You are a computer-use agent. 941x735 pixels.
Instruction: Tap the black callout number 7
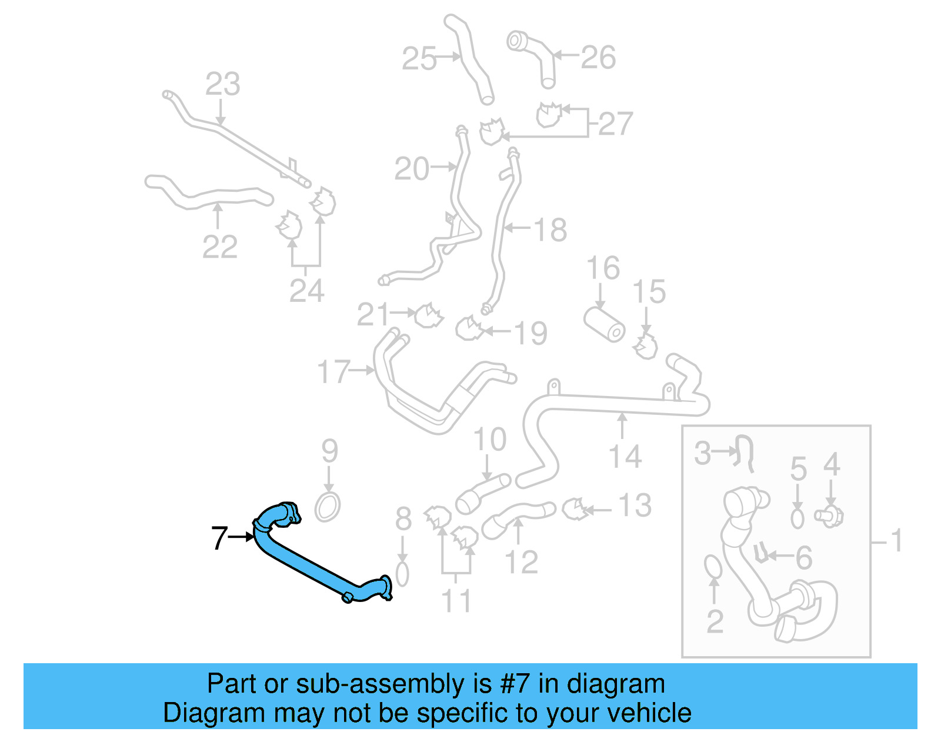tap(219, 538)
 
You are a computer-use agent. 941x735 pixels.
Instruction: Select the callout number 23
tap(222, 84)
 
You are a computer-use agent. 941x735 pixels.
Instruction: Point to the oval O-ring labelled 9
tap(328, 506)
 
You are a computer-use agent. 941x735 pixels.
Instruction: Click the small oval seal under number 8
tap(402, 574)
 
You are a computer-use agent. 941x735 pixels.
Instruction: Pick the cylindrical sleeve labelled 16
tap(604, 324)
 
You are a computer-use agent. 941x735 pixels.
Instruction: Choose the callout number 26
tap(598, 58)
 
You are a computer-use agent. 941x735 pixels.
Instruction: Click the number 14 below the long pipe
tap(625, 457)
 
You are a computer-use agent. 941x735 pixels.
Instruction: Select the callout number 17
tap(333, 372)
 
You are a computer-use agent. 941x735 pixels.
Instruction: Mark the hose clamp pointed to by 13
tap(574, 508)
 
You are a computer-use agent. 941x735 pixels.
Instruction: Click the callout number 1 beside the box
tap(896, 540)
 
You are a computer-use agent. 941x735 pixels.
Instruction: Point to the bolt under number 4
tap(830, 517)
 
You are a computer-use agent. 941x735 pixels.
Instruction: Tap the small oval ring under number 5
tap(797, 518)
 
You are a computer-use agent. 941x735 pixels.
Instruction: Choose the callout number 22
tap(220, 247)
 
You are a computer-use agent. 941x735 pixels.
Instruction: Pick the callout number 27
tap(615, 124)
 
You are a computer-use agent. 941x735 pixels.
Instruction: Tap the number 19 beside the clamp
tap(530, 333)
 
